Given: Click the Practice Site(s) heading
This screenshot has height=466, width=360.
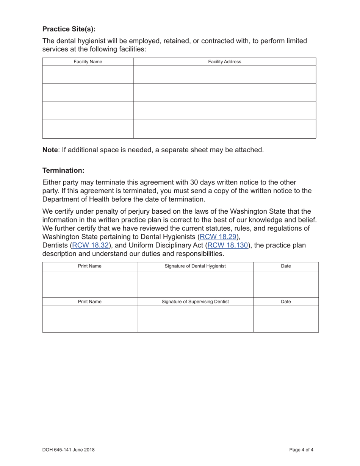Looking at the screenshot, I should [x=69, y=29].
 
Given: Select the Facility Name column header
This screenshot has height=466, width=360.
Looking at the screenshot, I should [x=88, y=62].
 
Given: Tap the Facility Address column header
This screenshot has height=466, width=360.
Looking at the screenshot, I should [x=224, y=62].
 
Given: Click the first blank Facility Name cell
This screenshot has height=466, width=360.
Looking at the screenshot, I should [x=88, y=75].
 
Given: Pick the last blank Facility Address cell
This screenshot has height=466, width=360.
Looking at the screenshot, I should [x=224, y=129].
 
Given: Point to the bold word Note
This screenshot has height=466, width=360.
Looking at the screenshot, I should [x=50, y=150].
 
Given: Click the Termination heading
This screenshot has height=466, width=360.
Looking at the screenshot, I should [x=63, y=170].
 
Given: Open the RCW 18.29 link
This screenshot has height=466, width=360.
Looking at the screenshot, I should [x=218, y=237].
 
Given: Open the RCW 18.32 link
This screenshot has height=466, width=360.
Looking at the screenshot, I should [x=90, y=246].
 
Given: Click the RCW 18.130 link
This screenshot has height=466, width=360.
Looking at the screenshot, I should [x=228, y=246].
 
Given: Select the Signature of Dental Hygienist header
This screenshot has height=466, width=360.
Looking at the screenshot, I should [x=195, y=266].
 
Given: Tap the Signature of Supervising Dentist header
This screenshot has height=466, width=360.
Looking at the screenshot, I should [x=195, y=302].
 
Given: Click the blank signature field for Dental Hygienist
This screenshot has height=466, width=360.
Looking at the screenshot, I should [x=195, y=284].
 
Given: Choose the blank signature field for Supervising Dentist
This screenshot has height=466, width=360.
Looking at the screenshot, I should [x=195, y=319].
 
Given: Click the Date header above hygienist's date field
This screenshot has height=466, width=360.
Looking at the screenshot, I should [x=286, y=266].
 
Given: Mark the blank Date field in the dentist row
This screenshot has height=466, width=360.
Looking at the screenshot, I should [x=286, y=319].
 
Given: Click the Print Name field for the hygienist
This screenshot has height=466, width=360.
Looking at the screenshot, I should [x=89, y=284].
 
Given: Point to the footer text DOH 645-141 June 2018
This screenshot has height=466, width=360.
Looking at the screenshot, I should [x=69, y=450].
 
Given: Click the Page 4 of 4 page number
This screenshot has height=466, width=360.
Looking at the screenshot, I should [x=301, y=450].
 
